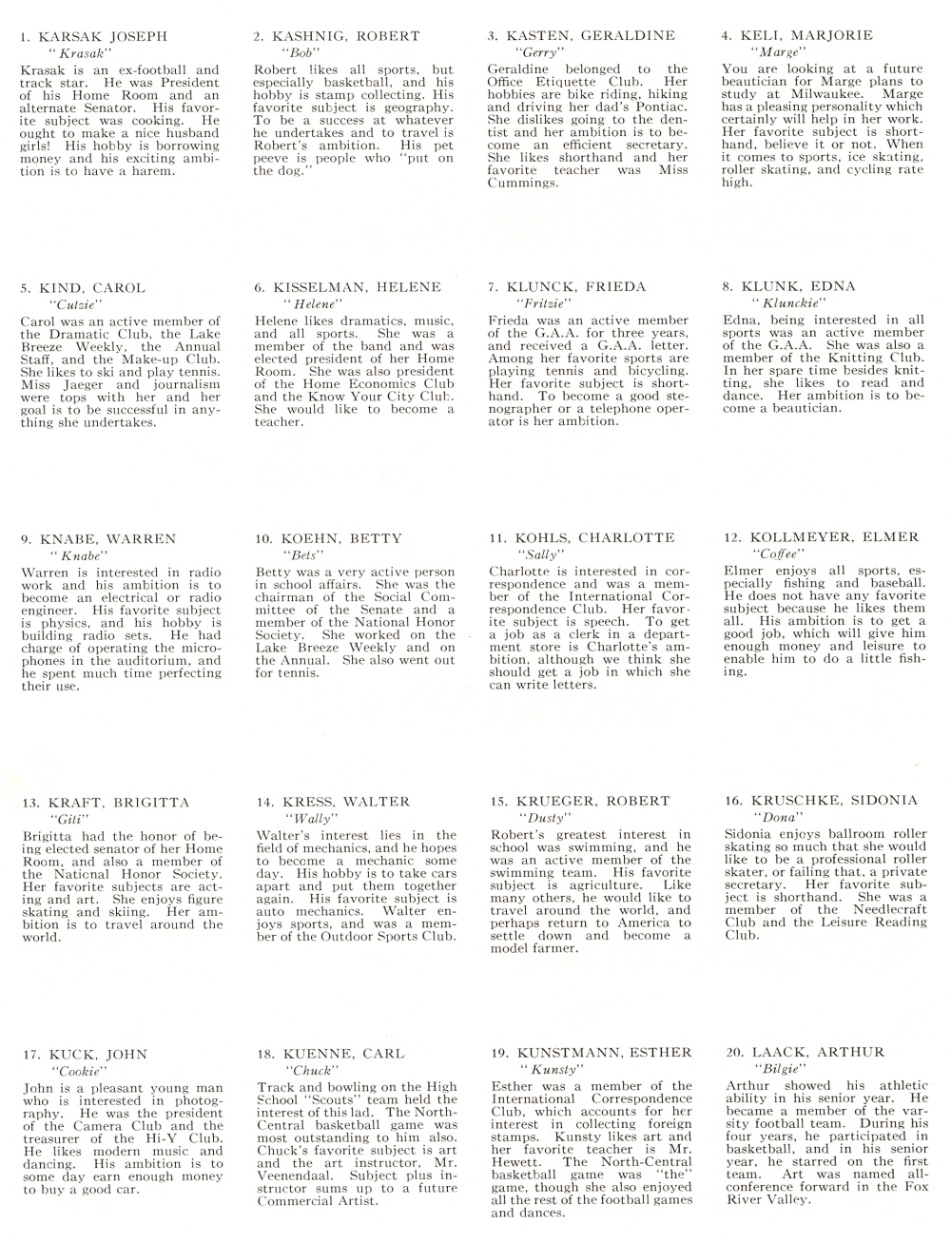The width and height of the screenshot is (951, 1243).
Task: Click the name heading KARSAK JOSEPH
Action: click(x=103, y=37)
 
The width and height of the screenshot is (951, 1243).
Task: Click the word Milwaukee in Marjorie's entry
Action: click(x=810, y=94)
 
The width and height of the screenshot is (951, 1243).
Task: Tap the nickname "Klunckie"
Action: click(x=781, y=302)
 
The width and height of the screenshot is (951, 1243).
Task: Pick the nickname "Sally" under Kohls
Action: click(x=538, y=554)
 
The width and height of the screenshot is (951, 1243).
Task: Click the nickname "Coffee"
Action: click(x=773, y=554)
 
